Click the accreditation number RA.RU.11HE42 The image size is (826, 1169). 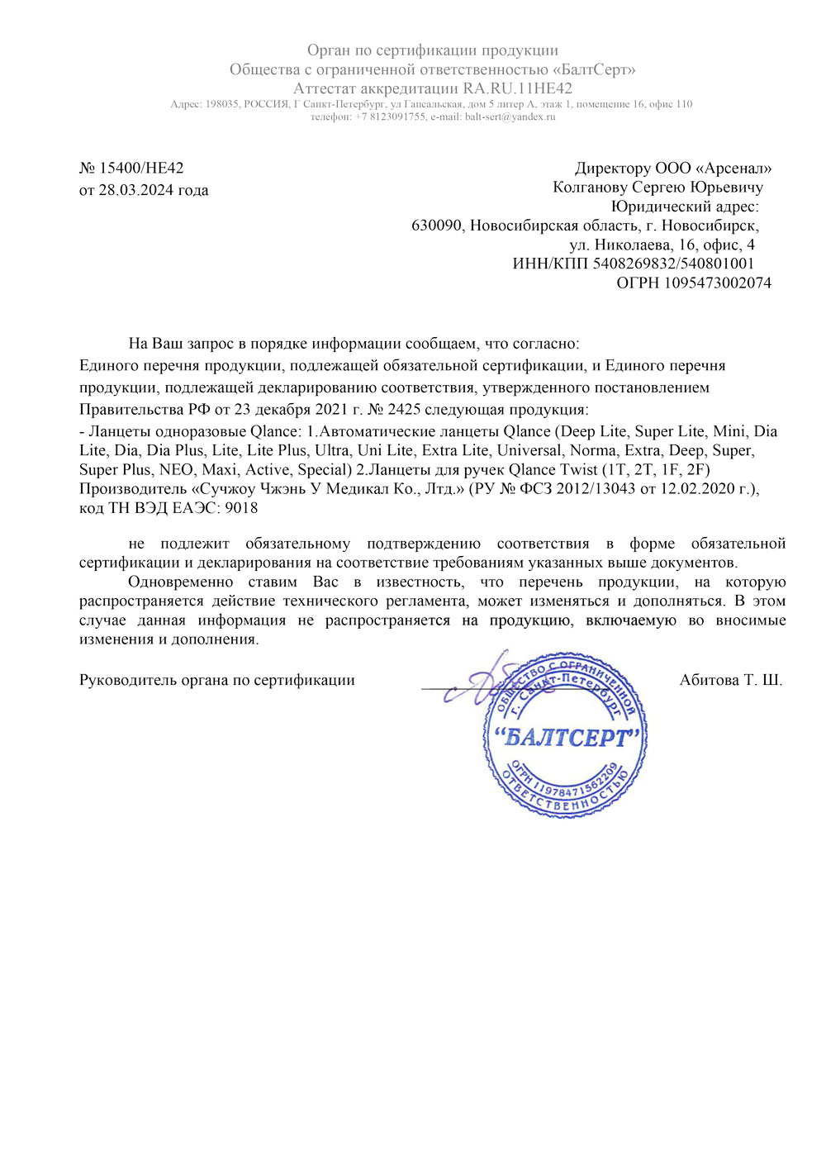point(518,88)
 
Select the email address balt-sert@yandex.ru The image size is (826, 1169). point(510,116)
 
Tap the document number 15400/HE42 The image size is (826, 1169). point(141,169)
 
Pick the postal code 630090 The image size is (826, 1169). point(437,226)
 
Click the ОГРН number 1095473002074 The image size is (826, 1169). point(718,283)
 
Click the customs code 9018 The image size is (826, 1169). point(241,508)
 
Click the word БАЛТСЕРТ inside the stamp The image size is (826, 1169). point(566,738)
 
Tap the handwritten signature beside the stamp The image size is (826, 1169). point(483,682)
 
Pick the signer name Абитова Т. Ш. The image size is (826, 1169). point(730,680)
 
